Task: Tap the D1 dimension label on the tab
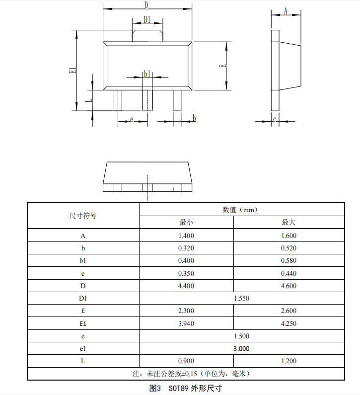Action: pyautogui.click(x=147, y=19)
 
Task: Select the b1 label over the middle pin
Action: pyautogui.click(x=146, y=74)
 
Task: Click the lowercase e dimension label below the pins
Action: pyautogui.click(x=132, y=120)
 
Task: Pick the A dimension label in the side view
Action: pyautogui.click(x=286, y=11)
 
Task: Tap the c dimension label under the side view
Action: pyautogui.click(x=275, y=120)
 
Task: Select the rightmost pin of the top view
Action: pyautogui.click(x=177, y=100)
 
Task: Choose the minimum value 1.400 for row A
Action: pyautogui.click(x=186, y=236)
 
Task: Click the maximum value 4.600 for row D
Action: pyautogui.click(x=288, y=286)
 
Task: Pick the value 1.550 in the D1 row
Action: pyautogui.click(x=241, y=298)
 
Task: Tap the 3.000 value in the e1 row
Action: pyautogui.click(x=241, y=348)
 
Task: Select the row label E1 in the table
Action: pyautogui.click(x=83, y=323)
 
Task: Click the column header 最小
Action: pyautogui.click(x=186, y=222)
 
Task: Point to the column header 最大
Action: pyautogui.click(x=288, y=222)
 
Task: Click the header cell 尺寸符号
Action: pyautogui.click(x=83, y=216)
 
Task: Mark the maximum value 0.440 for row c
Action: pyautogui.click(x=288, y=273)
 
